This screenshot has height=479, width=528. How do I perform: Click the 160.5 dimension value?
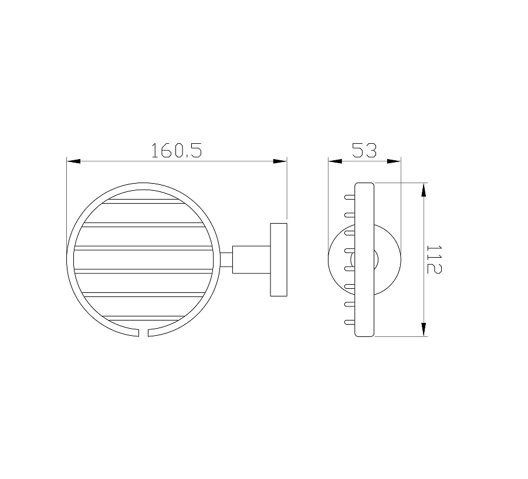pyautogui.click(x=177, y=150)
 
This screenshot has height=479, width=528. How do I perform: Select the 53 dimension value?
pyautogui.click(x=364, y=150)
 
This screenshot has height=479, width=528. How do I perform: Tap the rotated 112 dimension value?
pyautogui.click(x=434, y=259)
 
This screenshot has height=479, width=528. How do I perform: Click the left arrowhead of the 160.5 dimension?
pyautogui.click(x=73, y=161)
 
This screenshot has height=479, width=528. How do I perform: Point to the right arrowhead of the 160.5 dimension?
pyautogui.click(x=280, y=161)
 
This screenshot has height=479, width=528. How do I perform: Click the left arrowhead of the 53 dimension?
pyautogui.click(x=335, y=161)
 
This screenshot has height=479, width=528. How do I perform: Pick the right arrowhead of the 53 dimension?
pyautogui.click(x=394, y=161)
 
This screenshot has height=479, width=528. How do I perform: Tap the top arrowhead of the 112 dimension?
pyautogui.click(x=424, y=190)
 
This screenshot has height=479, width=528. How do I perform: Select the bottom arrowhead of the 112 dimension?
pyautogui.click(x=424, y=329)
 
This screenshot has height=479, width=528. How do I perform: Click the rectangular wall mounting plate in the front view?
pyautogui.click(x=279, y=259)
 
